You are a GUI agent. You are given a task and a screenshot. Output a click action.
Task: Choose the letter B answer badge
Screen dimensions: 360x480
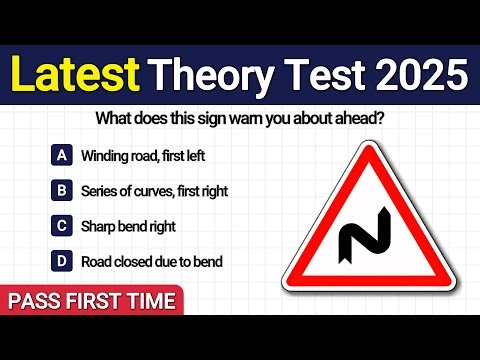click(x=62, y=190)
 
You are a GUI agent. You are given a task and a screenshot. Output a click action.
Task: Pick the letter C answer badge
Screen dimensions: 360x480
click(x=62, y=226)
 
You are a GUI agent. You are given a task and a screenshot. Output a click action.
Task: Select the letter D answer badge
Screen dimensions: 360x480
click(x=62, y=262)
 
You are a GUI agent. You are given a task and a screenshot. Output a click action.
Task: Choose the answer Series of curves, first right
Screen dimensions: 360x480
click(x=157, y=190)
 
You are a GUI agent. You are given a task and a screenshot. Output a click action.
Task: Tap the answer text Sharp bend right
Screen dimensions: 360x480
click(x=129, y=226)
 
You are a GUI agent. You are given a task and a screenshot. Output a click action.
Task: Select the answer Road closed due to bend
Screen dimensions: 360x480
click(x=152, y=262)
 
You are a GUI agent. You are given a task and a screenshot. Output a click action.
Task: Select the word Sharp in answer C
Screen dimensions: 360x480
click(x=99, y=226)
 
